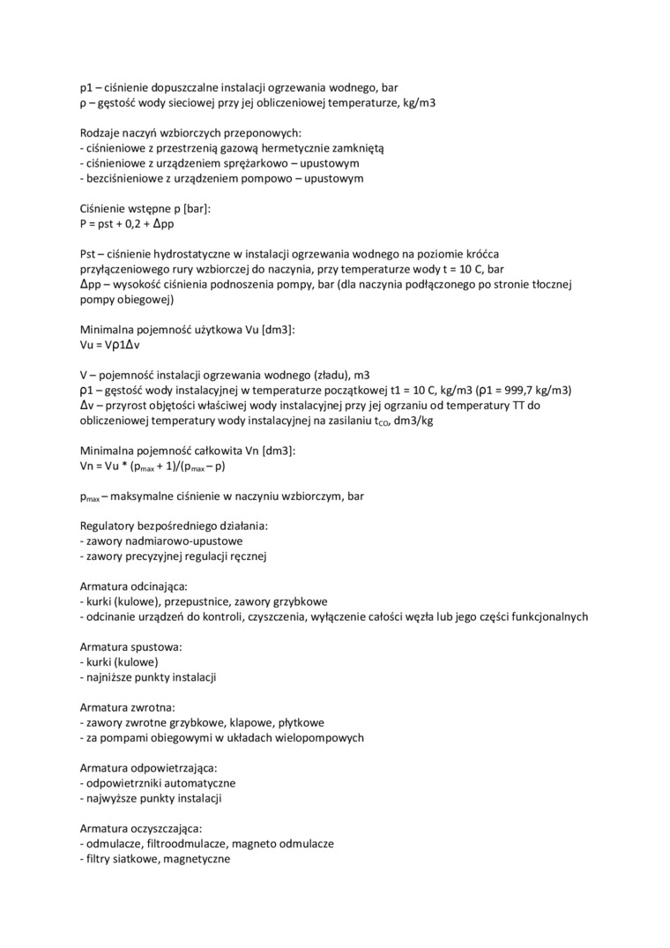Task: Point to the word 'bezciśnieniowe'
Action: (x=123, y=178)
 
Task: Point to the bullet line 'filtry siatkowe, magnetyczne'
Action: (x=157, y=858)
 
